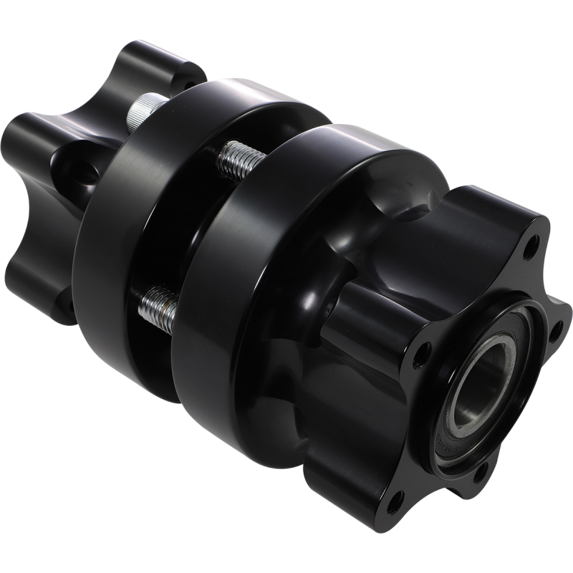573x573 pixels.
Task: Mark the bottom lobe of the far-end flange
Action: tap(64, 301)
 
